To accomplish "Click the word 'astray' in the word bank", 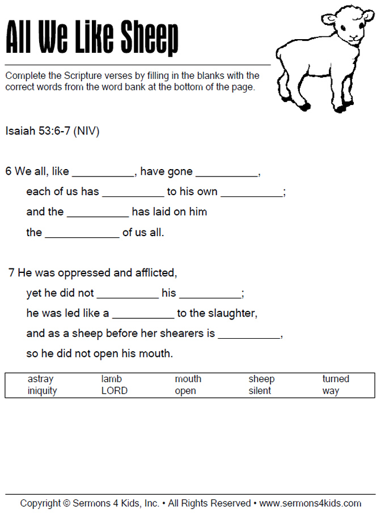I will (40, 379).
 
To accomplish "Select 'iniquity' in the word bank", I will (42, 391).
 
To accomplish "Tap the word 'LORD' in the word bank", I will (115, 391).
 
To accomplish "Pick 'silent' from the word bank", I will (260, 391).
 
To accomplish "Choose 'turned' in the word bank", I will (336, 379).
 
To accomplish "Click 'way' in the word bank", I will (331, 391).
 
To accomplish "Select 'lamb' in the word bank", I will (112, 379).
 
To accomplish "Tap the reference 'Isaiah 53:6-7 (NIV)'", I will (53, 131).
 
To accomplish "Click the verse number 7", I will (11, 273).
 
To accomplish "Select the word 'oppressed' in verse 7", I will (85, 273).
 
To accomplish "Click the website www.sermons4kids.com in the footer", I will (310, 503).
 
